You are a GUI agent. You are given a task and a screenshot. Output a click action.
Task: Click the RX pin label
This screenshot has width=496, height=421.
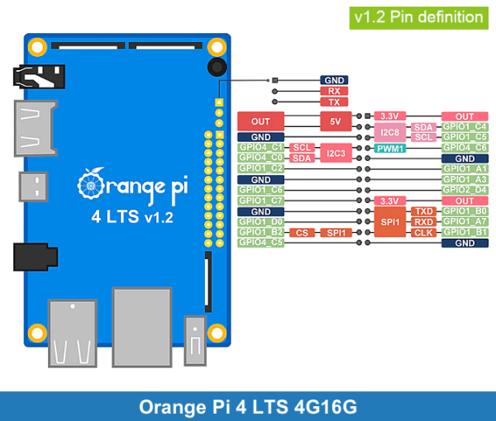pyautogui.click(x=333, y=91)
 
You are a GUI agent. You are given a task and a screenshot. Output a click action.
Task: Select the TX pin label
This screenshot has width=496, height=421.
pyautogui.click(x=333, y=102)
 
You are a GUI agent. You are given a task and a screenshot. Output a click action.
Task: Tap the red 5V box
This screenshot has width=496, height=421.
pyautogui.click(x=336, y=121)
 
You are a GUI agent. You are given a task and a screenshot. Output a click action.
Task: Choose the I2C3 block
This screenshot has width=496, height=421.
pyautogui.click(x=336, y=153)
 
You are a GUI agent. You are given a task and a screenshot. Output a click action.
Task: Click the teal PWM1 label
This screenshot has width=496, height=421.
pyautogui.click(x=390, y=148)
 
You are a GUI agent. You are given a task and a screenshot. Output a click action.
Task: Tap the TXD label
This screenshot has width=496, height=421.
pyautogui.click(x=423, y=211)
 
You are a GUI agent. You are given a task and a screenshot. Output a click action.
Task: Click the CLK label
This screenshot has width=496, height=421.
pyautogui.click(x=423, y=233)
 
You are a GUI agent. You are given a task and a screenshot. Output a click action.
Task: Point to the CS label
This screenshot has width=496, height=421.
pyautogui.click(x=302, y=233)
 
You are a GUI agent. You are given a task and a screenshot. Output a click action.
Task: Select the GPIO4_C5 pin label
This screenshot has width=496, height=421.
pyautogui.click(x=261, y=243)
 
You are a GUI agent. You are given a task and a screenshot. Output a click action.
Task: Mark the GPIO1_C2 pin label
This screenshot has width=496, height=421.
pyautogui.click(x=261, y=168)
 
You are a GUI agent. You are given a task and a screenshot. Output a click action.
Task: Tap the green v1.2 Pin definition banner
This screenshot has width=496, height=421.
pyautogui.click(x=417, y=17)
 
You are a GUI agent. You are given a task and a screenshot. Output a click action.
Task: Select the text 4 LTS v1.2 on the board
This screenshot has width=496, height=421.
pyautogui.click(x=132, y=217)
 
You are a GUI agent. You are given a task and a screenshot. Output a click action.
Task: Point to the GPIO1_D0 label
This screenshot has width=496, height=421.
pyautogui.click(x=261, y=222)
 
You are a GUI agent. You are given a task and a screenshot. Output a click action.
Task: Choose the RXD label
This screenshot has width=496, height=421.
pyautogui.click(x=423, y=222)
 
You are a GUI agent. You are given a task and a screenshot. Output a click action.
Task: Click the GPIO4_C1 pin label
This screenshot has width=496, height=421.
pyautogui.click(x=261, y=148)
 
